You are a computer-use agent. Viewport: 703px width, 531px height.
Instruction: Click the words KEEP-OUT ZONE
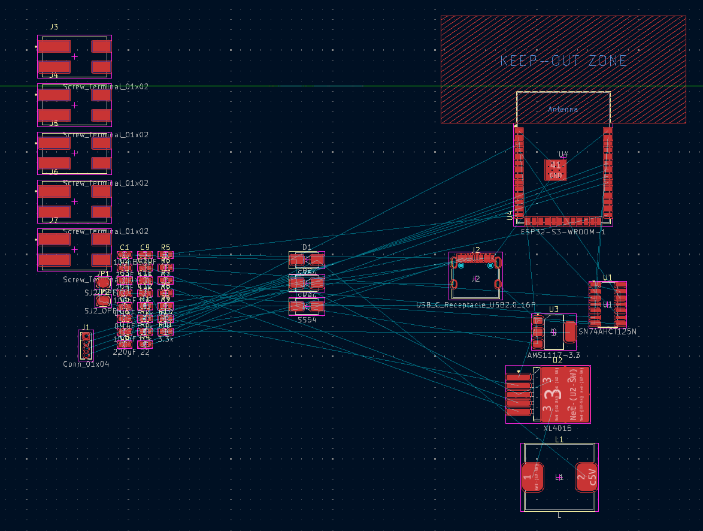coord(563,61)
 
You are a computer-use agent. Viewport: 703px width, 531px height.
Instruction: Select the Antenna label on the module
coord(563,109)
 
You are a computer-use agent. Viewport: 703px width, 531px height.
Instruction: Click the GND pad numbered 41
coord(556,170)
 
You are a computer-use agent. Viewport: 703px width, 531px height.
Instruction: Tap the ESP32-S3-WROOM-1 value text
coord(563,231)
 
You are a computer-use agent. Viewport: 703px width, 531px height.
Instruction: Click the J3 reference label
coord(54,28)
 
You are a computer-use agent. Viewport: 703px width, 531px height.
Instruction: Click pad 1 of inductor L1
coord(532,477)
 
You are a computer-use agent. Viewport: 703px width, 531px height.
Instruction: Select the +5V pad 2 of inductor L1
coord(586,477)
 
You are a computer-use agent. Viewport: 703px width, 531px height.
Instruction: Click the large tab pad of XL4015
coord(565,394)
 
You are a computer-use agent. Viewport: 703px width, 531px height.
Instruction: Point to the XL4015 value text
coord(557,429)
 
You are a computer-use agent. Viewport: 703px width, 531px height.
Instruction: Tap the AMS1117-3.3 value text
coord(554,355)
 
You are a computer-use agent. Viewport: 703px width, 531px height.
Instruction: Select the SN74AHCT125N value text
coord(607,331)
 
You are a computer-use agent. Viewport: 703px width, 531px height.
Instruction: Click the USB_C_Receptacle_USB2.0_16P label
coord(476,306)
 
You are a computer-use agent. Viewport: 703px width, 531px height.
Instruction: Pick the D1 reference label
coord(307,247)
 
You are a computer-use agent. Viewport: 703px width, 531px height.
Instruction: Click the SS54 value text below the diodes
coord(307,320)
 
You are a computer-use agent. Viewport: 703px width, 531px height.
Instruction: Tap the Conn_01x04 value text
coord(86,364)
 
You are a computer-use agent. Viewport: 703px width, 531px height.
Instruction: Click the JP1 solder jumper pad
coord(104,283)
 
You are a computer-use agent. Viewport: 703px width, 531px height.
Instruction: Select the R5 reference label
coord(166,247)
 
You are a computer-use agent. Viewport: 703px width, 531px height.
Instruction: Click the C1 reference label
coord(125,247)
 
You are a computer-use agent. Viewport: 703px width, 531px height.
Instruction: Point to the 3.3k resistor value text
coord(166,339)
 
